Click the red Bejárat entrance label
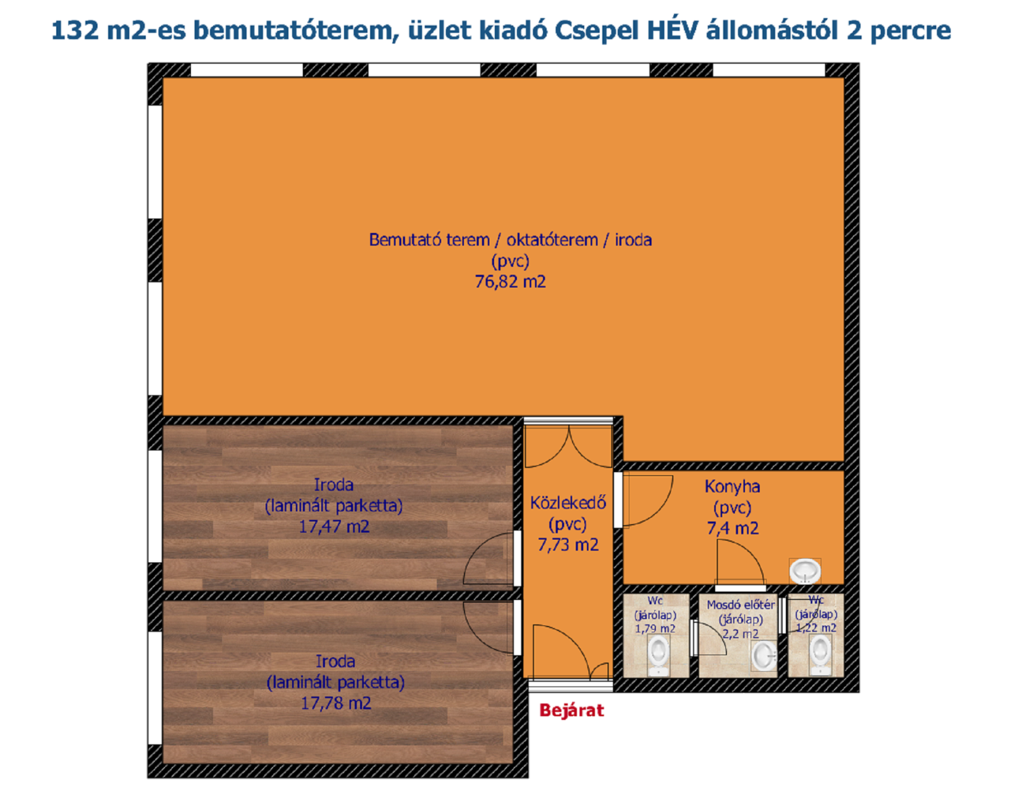[571, 711]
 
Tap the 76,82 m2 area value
[510, 282]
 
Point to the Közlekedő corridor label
[568, 503]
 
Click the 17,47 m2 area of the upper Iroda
[334, 527]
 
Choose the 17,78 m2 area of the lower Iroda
[336, 703]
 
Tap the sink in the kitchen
[805, 571]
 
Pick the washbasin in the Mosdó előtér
[763, 656]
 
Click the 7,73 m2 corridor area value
[568, 545]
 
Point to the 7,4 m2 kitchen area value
[733, 528]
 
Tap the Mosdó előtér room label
[741, 604]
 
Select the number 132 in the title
[75, 31]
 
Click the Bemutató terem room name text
[429, 240]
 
